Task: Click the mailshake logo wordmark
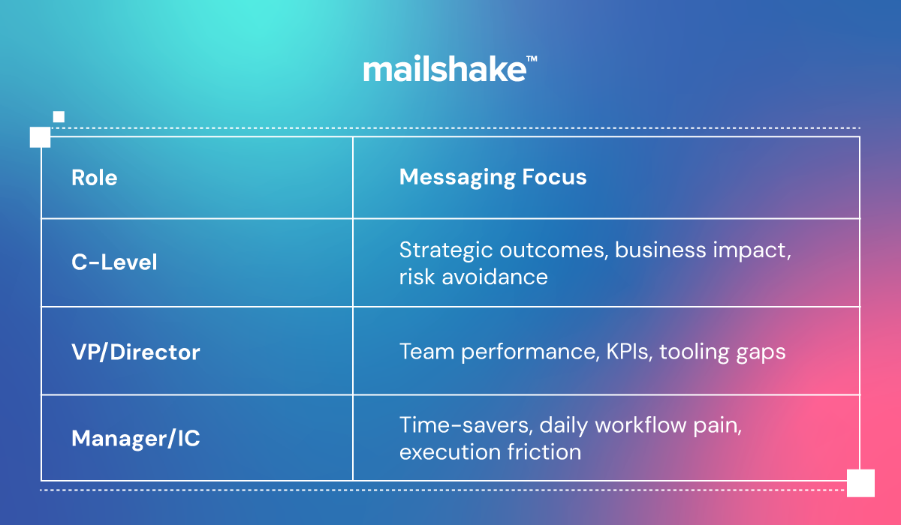(444, 69)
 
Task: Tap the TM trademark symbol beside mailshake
(532, 58)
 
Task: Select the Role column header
(95, 178)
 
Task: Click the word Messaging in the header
(457, 178)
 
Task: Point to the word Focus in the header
(554, 177)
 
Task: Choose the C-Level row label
(114, 262)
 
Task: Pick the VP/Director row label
(136, 352)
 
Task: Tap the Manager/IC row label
(136, 438)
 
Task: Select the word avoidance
(495, 277)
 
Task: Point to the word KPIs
(629, 352)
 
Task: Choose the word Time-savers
(466, 425)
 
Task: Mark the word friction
(544, 452)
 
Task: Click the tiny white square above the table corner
(59, 117)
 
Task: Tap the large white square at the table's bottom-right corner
(860, 483)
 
